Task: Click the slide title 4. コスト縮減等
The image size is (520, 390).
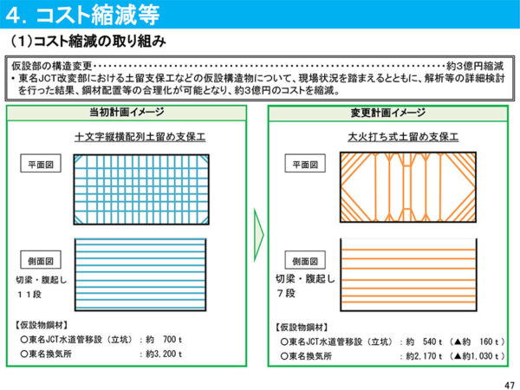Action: pyautogui.click(x=83, y=15)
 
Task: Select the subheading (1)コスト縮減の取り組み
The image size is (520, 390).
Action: pyautogui.click(x=88, y=42)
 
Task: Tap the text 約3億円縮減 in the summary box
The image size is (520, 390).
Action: pyautogui.click(x=475, y=66)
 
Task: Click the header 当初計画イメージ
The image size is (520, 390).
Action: pyautogui.click(x=127, y=112)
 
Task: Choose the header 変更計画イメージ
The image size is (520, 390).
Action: pyautogui.click(x=388, y=113)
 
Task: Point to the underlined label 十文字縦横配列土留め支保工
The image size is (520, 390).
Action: pyautogui.click(x=140, y=137)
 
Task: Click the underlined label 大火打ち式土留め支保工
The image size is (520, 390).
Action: pyautogui.click(x=403, y=137)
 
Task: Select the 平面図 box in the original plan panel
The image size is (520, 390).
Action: pyautogui.click(x=41, y=164)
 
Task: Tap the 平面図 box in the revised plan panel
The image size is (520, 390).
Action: pyautogui.click(x=305, y=164)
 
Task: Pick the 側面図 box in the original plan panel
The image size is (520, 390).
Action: pyautogui.click(x=41, y=260)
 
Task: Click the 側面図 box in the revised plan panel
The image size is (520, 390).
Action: pyautogui.click(x=305, y=260)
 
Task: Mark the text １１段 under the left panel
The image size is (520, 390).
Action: pyautogui.click(x=29, y=295)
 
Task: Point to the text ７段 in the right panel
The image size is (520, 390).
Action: pyautogui.click(x=286, y=293)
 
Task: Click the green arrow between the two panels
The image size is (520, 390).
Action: pyautogui.click(x=258, y=235)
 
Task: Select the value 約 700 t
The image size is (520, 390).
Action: pyautogui.click(x=164, y=340)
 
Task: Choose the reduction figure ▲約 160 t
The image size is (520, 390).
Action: pyautogui.click(x=476, y=341)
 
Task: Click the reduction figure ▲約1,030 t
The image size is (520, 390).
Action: pyautogui.click(x=476, y=356)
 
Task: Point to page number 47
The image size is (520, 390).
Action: pyautogui.click(x=510, y=385)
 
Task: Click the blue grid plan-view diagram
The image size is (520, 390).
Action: pyautogui.click(x=141, y=189)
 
